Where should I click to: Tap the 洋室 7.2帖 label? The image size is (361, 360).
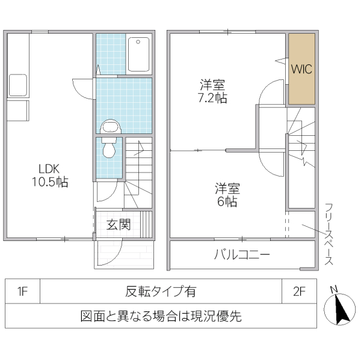point(213,91)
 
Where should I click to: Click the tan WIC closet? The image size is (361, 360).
point(301,69)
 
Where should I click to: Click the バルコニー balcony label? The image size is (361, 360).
point(242,254)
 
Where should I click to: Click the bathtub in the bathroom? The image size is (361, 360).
point(139,54)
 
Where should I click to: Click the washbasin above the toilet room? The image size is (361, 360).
point(110,126)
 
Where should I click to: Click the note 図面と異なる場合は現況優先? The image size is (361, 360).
point(161,316)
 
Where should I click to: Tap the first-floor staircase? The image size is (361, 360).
point(138,174)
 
